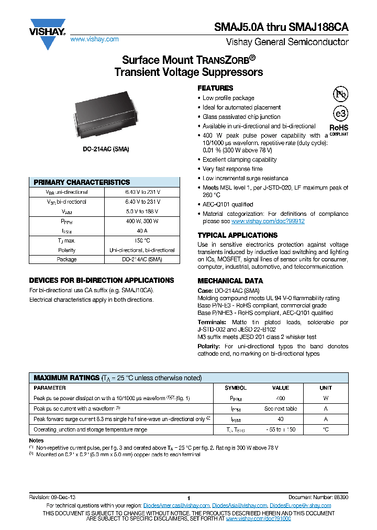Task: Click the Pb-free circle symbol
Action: [340, 94]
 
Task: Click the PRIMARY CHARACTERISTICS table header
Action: [82, 182]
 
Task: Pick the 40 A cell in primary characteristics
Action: [141, 230]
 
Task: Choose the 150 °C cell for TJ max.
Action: [141, 240]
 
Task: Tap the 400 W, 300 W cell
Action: [141, 221]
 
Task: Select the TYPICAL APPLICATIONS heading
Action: [237, 235]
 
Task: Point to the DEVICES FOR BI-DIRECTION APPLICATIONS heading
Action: [102, 280]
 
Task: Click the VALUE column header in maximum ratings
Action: [281, 388]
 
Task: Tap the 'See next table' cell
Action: [281, 408]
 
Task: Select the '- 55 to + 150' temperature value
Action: [281, 429]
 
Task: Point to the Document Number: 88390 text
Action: [317, 497]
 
